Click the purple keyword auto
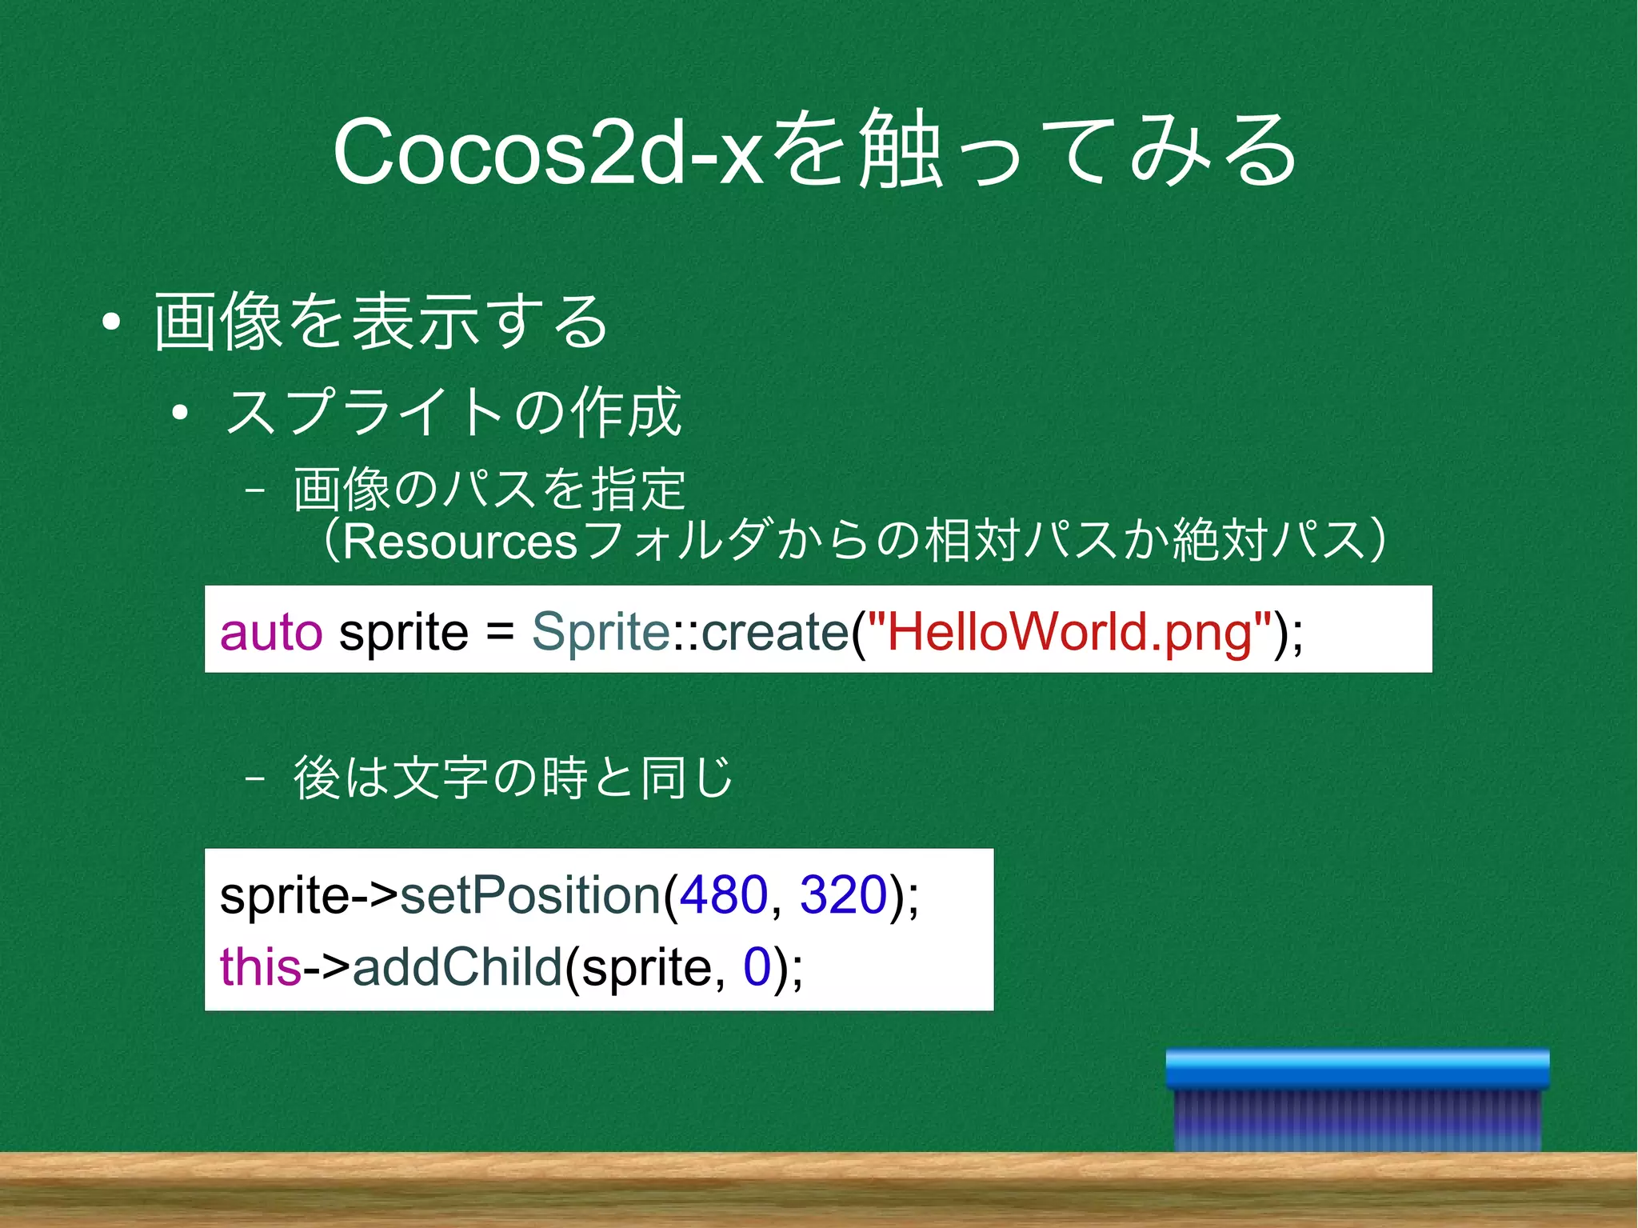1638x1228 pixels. coord(271,632)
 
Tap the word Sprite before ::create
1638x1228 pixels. coord(600,632)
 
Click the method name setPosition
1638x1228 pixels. coord(529,894)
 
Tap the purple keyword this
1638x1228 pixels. coord(260,966)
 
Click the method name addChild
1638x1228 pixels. coord(457,966)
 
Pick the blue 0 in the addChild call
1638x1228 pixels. coord(757,966)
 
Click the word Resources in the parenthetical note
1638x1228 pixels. coord(460,542)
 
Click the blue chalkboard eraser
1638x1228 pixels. coord(1357,1100)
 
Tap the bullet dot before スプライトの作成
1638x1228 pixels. coord(180,413)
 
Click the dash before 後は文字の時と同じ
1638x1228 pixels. coord(255,778)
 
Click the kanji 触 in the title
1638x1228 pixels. coord(898,150)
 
